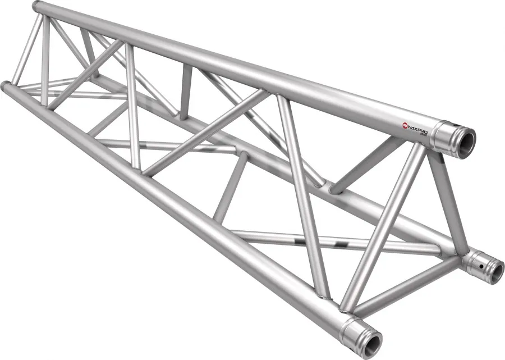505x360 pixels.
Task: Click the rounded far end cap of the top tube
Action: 38,7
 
